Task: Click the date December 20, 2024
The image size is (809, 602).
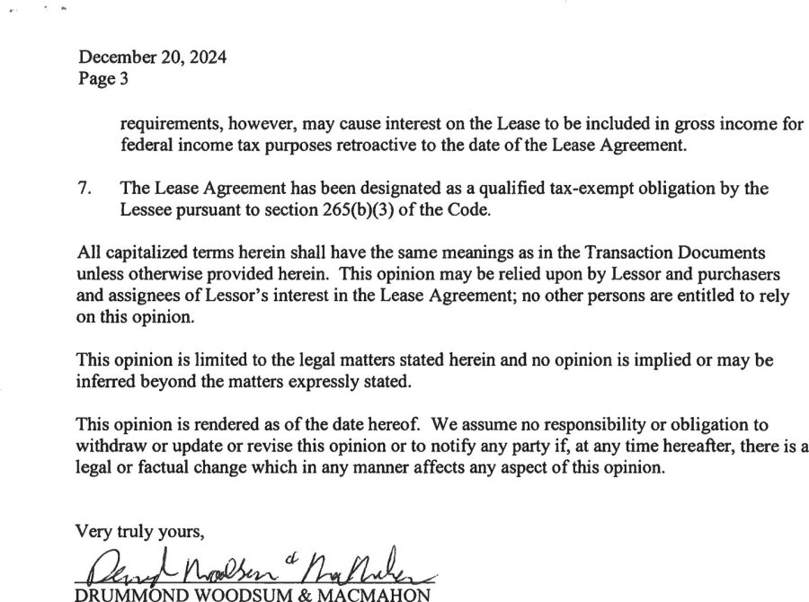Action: tap(152, 58)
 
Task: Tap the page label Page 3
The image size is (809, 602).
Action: tap(103, 78)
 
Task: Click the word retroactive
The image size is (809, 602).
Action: tap(429, 146)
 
